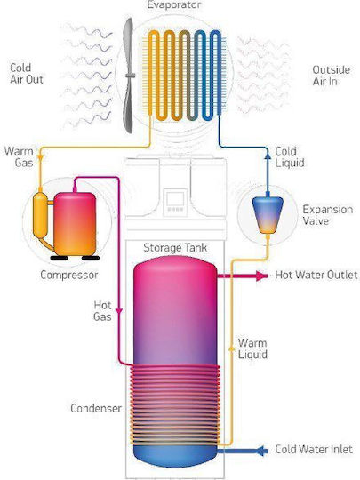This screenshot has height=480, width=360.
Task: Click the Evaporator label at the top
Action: [x=174, y=4]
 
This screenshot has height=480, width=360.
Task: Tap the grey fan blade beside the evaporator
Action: [x=129, y=76]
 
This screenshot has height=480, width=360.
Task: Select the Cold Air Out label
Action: [x=27, y=74]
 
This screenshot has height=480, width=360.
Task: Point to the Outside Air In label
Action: [x=332, y=76]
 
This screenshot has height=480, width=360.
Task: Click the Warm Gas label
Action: [x=19, y=156]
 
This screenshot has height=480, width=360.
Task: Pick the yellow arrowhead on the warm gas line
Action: [x=40, y=156]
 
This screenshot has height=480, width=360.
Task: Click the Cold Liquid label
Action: [x=289, y=156]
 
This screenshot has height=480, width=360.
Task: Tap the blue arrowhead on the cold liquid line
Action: [x=268, y=156]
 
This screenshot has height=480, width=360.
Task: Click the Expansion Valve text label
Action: [x=327, y=215]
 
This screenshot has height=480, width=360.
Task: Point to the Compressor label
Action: [x=68, y=275]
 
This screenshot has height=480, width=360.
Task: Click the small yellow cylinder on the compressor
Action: [x=40, y=215]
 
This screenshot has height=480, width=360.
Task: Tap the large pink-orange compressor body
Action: [x=75, y=224]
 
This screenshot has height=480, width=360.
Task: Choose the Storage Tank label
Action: [x=175, y=247]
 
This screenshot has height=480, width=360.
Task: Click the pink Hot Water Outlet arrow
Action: [x=243, y=276]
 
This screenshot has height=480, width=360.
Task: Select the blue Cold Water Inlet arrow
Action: [x=243, y=451]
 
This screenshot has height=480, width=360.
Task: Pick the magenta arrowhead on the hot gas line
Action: [x=119, y=311]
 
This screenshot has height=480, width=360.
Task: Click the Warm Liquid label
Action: [x=252, y=348]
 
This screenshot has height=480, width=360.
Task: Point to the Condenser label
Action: [x=96, y=408]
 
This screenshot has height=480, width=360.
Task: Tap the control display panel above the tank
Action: [x=175, y=201]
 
